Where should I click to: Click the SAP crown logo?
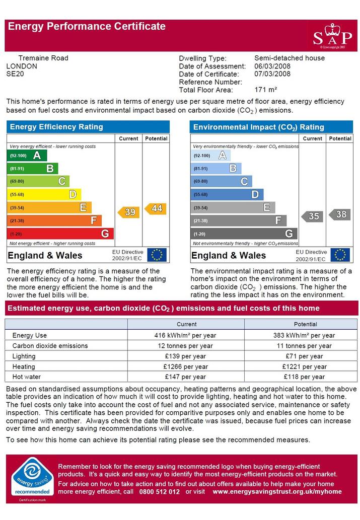click(x=332, y=36)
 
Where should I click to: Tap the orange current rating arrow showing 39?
click(x=129, y=212)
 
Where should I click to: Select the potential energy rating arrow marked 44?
click(x=156, y=208)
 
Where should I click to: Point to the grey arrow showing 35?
click(x=312, y=216)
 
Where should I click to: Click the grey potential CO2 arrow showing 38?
click(x=340, y=214)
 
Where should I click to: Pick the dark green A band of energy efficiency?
click(x=27, y=155)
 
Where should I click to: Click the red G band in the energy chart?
click(x=60, y=234)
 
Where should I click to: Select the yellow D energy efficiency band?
click(x=44, y=194)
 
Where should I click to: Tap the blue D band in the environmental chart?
click(x=227, y=194)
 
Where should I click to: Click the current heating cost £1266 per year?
click(x=185, y=367)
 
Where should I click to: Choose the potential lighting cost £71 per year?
click(x=304, y=356)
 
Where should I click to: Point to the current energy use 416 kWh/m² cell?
click(x=185, y=335)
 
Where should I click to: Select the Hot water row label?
click(x=27, y=377)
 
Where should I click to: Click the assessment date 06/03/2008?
click(x=272, y=66)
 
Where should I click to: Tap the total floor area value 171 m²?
click(x=266, y=90)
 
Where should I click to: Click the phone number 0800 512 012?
click(x=160, y=492)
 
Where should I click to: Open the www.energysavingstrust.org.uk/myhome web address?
click(x=277, y=492)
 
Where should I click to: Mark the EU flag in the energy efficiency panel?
click(x=157, y=255)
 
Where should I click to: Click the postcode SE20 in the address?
click(x=15, y=74)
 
